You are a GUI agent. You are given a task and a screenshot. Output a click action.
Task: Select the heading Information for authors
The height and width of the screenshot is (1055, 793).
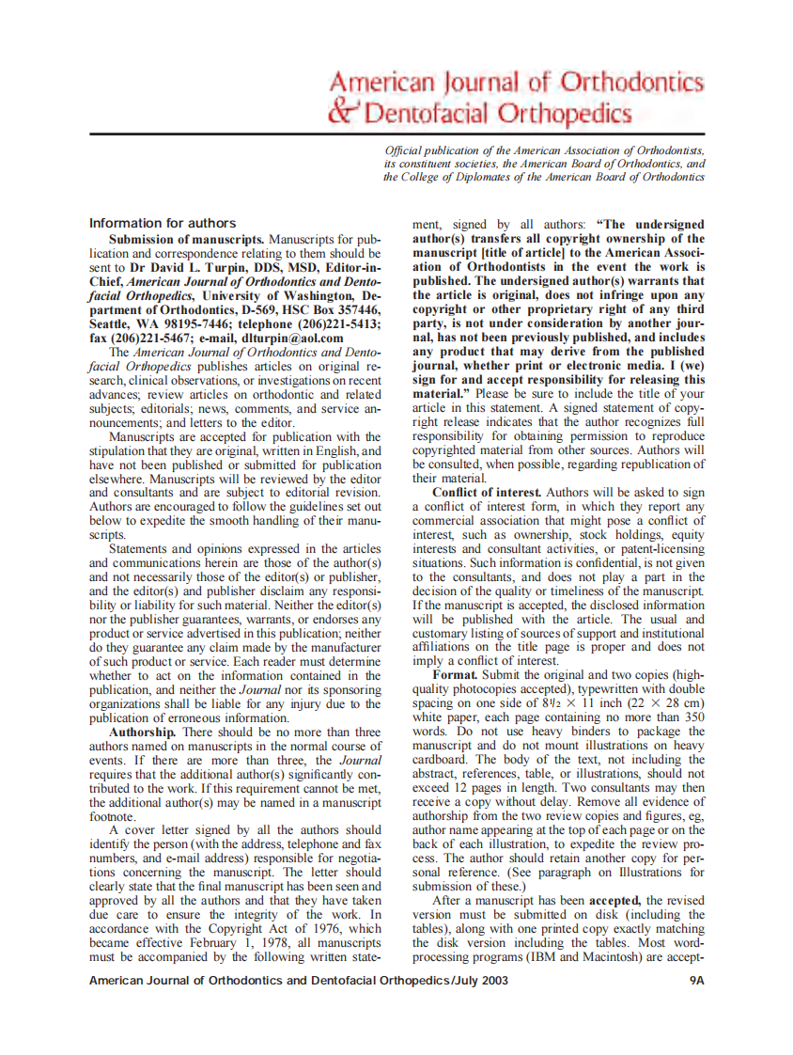click(x=163, y=223)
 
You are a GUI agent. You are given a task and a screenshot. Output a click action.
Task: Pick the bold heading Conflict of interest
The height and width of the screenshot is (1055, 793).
click(x=487, y=492)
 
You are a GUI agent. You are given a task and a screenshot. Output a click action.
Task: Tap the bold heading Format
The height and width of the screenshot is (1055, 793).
click(x=456, y=675)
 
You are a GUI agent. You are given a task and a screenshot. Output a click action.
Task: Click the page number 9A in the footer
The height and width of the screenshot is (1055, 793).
click(x=695, y=980)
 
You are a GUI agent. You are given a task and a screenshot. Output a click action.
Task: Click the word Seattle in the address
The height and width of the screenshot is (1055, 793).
click(x=112, y=323)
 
